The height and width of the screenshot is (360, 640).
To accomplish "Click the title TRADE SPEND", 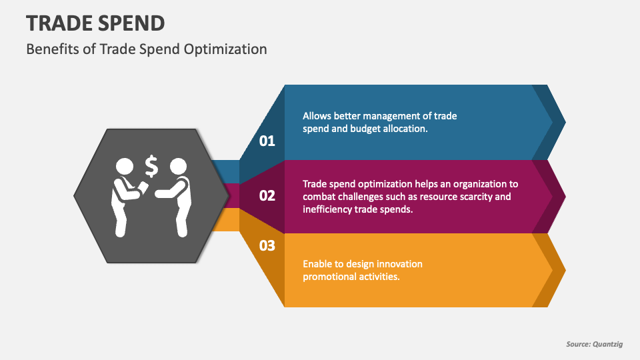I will tap(95, 23).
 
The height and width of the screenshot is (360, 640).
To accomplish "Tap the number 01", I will tap(267, 141).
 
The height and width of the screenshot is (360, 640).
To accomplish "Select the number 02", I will tap(267, 195).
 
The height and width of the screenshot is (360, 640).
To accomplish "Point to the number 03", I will tap(267, 246).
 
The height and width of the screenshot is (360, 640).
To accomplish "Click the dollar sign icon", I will tap(151, 166).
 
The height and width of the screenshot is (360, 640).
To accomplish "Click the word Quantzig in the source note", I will tap(609, 344).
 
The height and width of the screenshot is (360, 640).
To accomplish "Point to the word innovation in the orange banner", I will tap(400, 264).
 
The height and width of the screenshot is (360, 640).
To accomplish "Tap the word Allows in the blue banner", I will tap(317, 116).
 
